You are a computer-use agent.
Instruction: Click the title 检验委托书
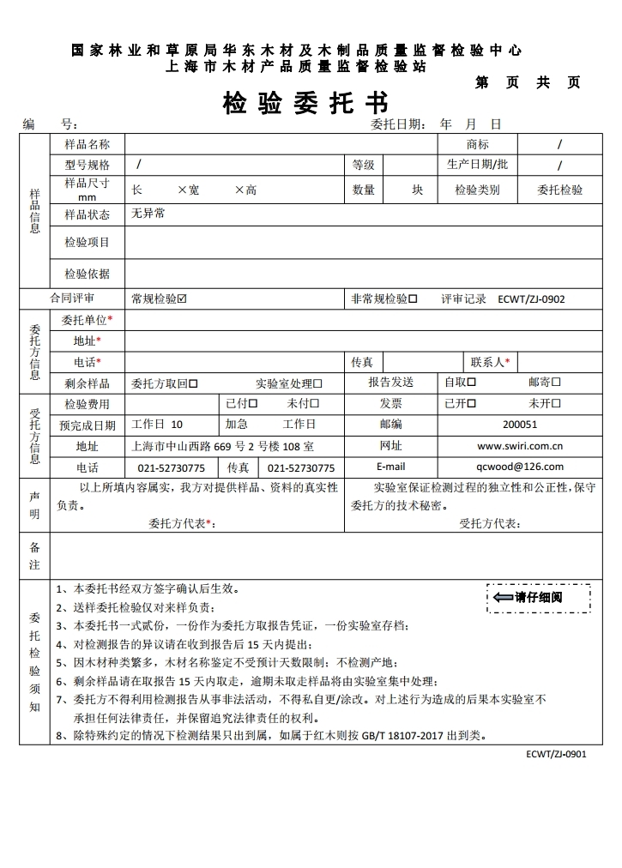coord(305,103)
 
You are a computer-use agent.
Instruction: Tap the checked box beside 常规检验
coord(182,299)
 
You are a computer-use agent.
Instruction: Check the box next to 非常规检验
coord(413,299)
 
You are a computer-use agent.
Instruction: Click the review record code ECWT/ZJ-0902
coord(531,299)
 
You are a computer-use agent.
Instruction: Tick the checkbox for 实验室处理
coord(317,383)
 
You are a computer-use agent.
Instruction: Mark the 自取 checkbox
coord(471,382)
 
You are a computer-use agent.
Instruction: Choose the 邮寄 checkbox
coord(556,382)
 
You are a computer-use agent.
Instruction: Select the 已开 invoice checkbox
coord(471,403)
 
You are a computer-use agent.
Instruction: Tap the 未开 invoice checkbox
coord(556,403)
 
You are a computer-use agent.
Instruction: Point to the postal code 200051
coord(520,424)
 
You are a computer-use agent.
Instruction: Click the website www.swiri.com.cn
coord(520,446)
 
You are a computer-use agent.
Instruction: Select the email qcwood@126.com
coord(520,467)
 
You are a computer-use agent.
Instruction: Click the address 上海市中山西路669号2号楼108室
coord(221,446)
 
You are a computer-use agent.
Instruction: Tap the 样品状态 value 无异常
coord(148,214)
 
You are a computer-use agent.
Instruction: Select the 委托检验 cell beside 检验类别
coord(559,190)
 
